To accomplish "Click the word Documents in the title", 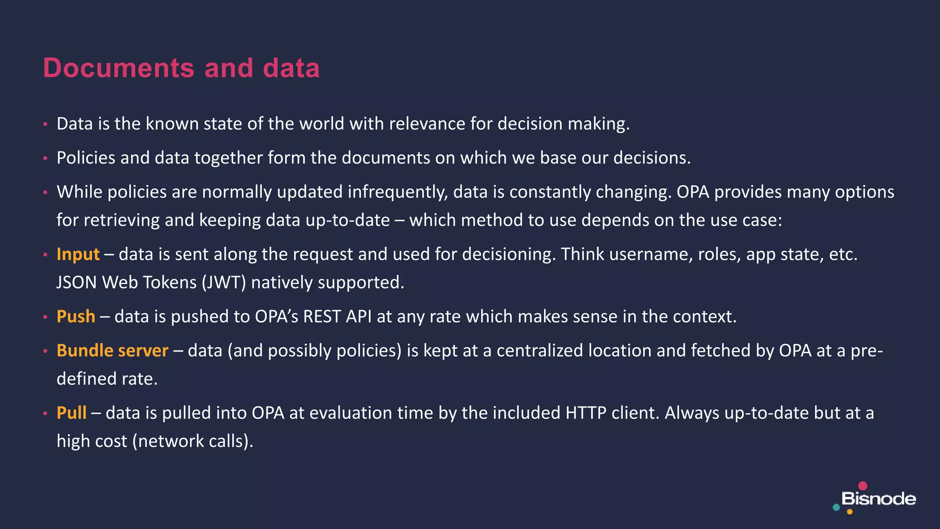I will (x=119, y=68).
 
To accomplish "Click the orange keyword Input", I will (x=78, y=254).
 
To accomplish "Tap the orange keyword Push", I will (x=76, y=317).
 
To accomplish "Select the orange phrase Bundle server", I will (x=112, y=351).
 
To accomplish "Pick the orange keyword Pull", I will (x=71, y=413).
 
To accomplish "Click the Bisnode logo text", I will (x=878, y=499).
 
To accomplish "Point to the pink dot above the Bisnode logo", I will (x=863, y=486).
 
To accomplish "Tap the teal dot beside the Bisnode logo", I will (x=836, y=507).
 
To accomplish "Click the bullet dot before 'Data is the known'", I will (x=45, y=124).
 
